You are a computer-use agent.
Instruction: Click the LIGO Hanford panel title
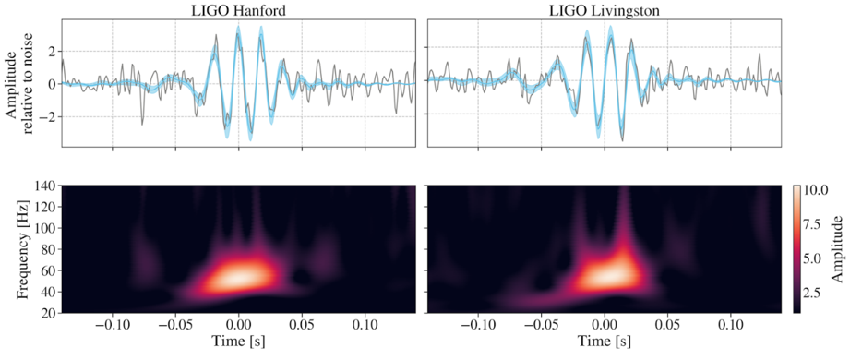pos(238,9)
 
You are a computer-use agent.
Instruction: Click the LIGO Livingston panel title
pos(603,9)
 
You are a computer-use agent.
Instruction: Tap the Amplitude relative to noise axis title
pos(20,83)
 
